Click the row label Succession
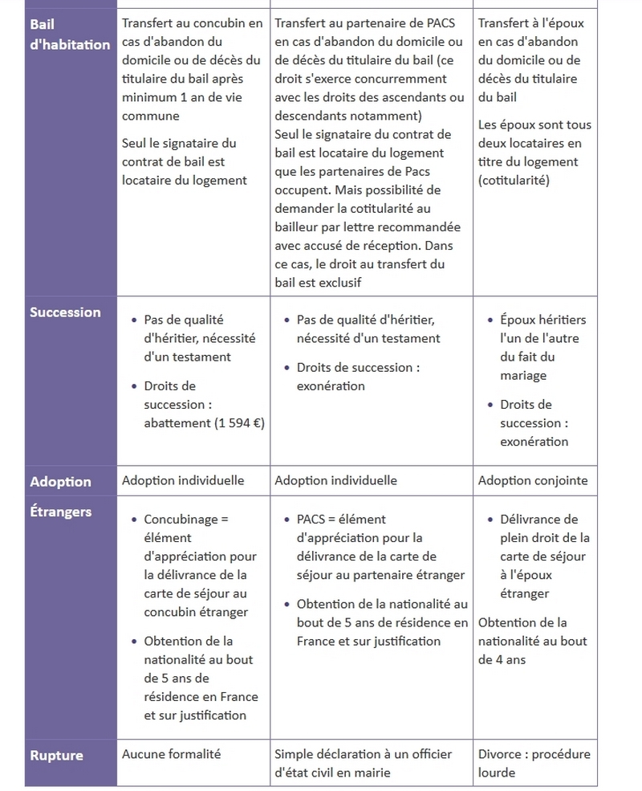65,312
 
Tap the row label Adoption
60,482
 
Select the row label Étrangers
61,512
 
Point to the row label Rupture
56,755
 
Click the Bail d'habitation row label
70,35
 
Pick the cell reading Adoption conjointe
533,481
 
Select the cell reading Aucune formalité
171,754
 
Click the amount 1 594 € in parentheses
239,423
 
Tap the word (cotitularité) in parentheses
514,180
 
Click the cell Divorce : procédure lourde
534,763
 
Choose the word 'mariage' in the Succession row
523,375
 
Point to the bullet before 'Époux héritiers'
490,320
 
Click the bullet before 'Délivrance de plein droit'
490,520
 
